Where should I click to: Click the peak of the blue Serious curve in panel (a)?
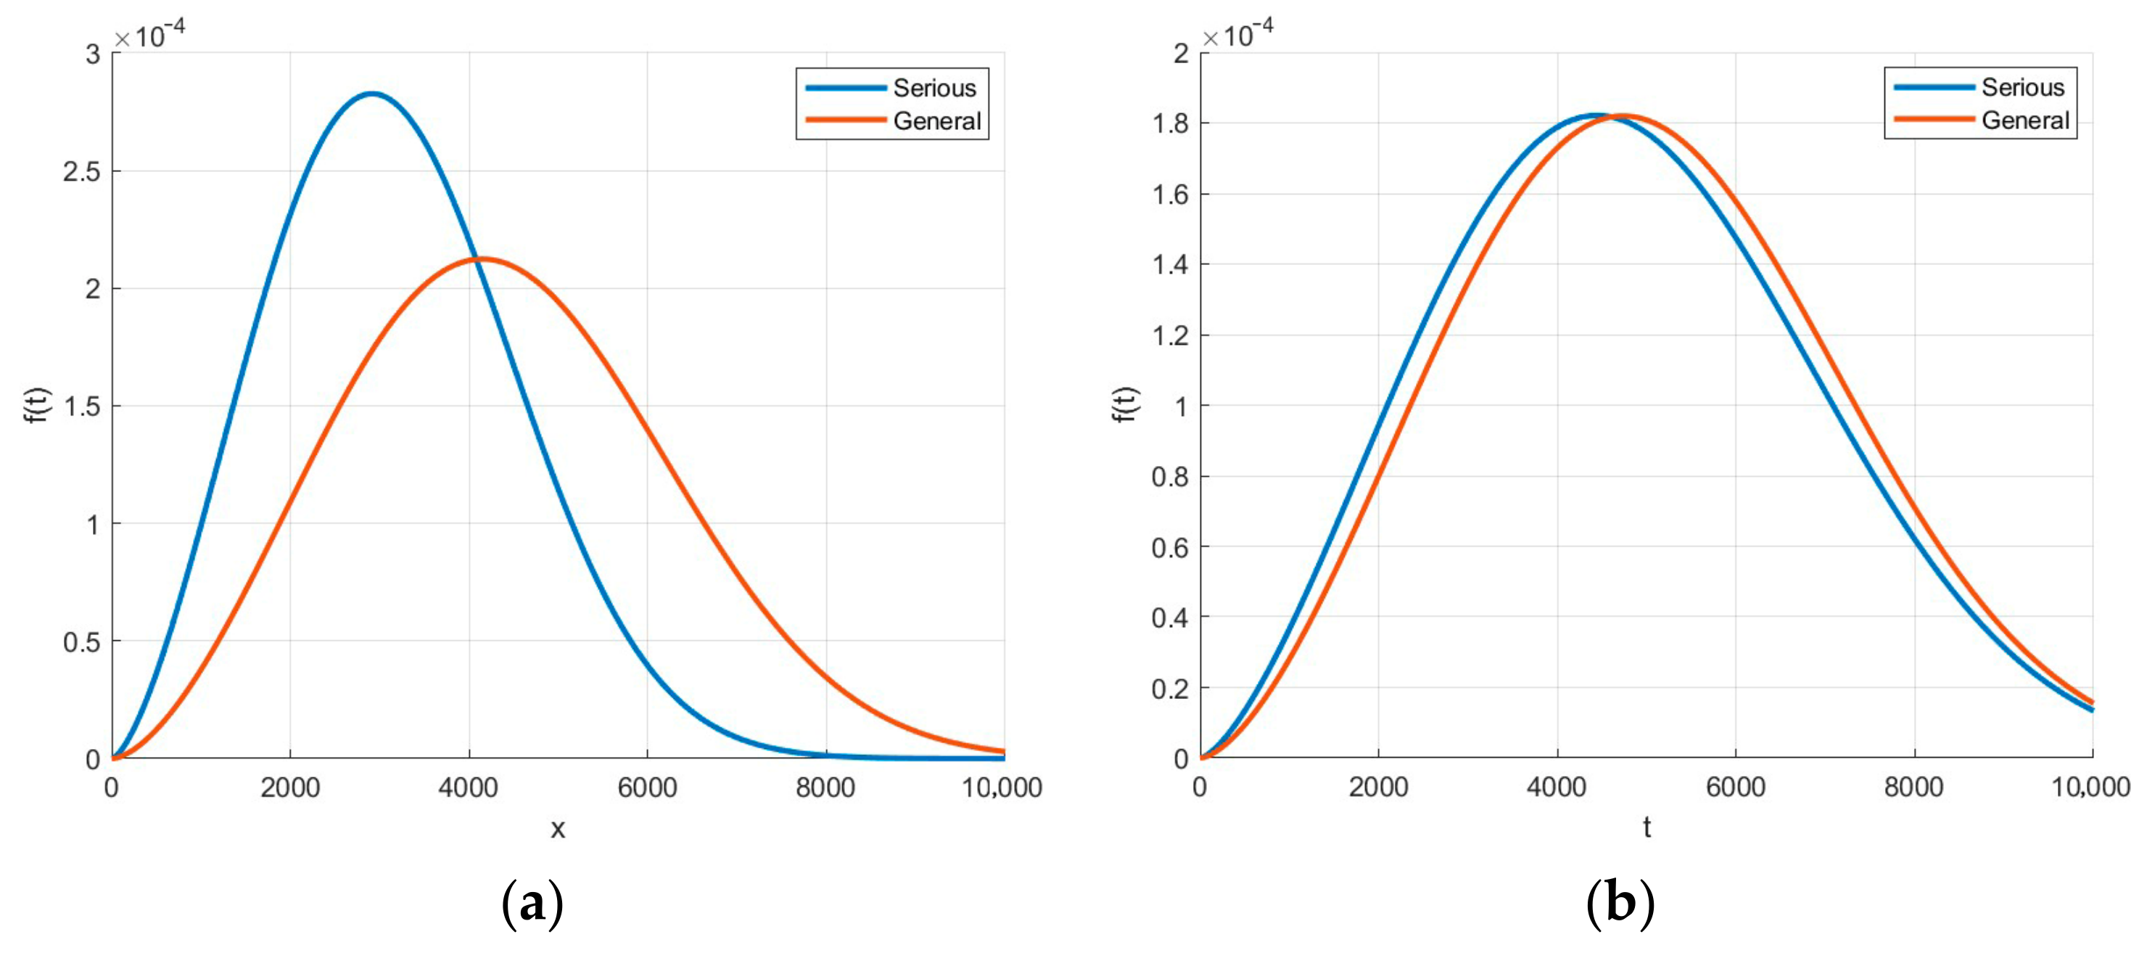(x=371, y=94)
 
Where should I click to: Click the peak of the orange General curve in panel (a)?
(x=482, y=258)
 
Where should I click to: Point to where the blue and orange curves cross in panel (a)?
(x=475, y=259)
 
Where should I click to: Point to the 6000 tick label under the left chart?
(x=647, y=787)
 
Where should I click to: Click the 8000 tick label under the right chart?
(x=1913, y=786)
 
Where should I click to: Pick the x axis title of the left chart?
(x=558, y=828)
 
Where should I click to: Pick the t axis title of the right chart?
(x=1646, y=827)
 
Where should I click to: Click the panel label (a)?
(x=532, y=904)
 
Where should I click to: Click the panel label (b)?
(x=1620, y=904)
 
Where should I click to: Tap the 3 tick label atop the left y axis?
(x=93, y=54)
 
